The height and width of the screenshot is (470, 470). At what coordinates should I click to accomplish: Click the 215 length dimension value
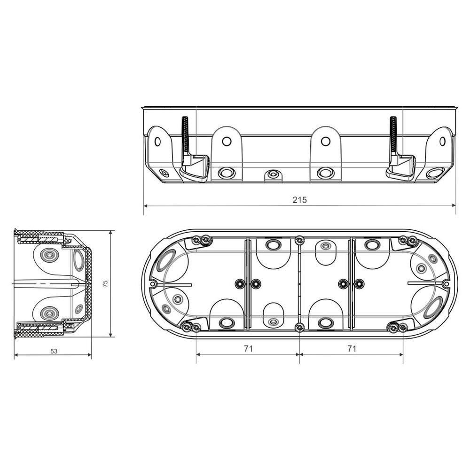[299, 200]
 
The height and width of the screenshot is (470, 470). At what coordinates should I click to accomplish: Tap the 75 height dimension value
[105, 283]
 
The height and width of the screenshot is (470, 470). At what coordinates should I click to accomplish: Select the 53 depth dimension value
[54, 351]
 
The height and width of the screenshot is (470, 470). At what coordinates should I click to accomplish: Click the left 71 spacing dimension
[248, 349]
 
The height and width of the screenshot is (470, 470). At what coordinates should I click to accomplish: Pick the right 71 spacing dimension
[351, 349]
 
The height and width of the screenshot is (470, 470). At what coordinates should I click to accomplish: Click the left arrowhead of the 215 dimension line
[146, 205]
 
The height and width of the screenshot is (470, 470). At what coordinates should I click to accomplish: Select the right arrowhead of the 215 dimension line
[453, 205]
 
